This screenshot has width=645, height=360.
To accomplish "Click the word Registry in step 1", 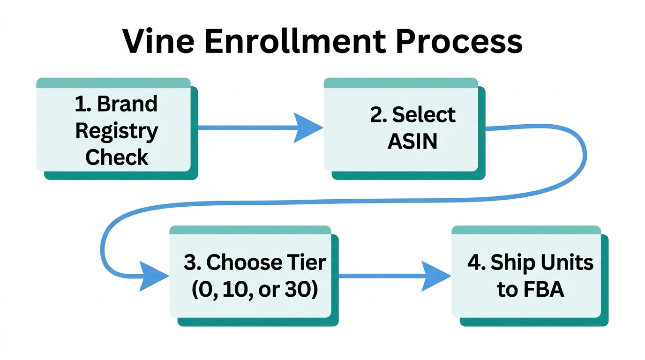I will click(117, 132).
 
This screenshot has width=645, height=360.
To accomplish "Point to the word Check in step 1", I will click(117, 157).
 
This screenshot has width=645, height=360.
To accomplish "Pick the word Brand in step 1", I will click(127, 104).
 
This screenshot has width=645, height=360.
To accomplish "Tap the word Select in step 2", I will click(423, 115).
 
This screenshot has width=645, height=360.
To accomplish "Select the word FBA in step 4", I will click(543, 290).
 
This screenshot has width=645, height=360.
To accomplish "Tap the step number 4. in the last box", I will click(476, 263).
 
